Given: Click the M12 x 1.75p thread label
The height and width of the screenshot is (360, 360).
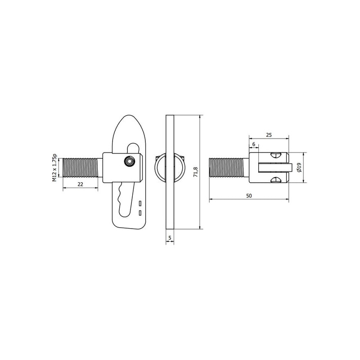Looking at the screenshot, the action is click(x=54, y=167).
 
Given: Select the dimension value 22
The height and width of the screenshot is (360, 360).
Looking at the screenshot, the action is click(x=80, y=184).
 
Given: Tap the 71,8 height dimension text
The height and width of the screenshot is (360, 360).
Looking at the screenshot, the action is click(x=195, y=172).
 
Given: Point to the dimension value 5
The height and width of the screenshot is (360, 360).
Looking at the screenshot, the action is click(x=170, y=238).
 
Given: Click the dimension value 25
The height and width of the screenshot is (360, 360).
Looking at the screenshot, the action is click(x=269, y=135).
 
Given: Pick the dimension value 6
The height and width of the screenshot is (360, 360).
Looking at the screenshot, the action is click(x=254, y=144).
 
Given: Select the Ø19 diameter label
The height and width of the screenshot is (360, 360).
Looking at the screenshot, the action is click(x=299, y=167).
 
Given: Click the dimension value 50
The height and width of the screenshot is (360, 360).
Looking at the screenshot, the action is click(x=249, y=196).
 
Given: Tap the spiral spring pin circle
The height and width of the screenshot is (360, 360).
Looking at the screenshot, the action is click(x=129, y=162).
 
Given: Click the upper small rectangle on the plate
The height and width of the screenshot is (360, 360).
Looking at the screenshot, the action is click(x=140, y=203).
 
